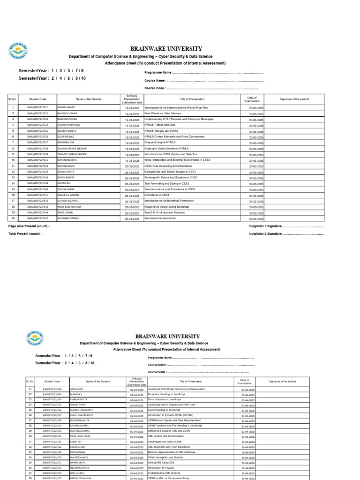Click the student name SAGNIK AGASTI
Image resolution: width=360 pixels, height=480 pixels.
(x=66, y=108)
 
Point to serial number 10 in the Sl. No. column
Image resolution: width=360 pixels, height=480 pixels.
(x=13, y=160)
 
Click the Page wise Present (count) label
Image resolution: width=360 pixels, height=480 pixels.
(x=29, y=226)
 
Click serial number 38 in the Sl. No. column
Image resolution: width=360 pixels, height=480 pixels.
(x=30, y=479)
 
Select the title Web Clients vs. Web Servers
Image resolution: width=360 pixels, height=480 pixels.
(x=162, y=113)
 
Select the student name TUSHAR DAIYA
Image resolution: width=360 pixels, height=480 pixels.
(x=78, y=404)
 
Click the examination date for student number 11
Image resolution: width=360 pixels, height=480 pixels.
(x=256, y=166)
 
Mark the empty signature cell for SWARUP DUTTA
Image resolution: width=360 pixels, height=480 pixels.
(x=294, y=131)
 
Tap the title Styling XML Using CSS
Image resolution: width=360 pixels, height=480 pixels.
(x=162, y=462)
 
